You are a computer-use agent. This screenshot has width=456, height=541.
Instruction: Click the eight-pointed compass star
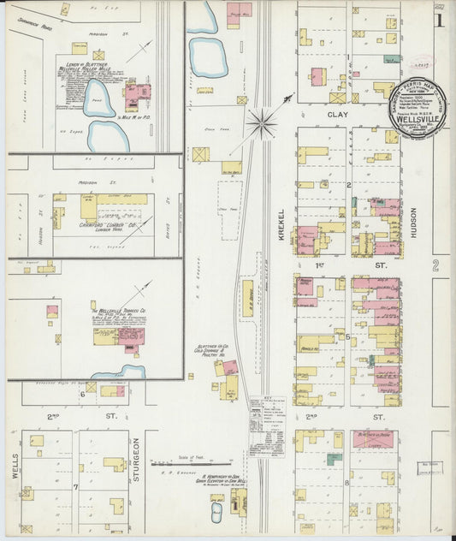pos(262,122)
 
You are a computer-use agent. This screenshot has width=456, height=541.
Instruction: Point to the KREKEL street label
pos(280,224)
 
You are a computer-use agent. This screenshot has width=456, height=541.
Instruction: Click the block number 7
pos(75,486)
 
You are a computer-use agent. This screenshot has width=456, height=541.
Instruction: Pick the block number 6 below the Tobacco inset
pos(83,394)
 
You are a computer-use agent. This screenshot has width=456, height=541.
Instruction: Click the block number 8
pos(346,483)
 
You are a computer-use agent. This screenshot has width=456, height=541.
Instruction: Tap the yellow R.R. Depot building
pos(247,299)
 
